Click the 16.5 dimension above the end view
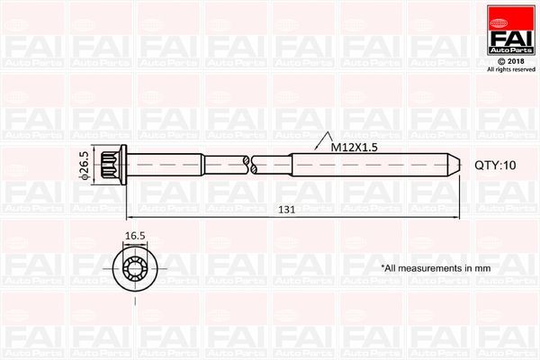tap(134, 236)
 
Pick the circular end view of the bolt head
tap(134, 265)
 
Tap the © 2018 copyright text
tap(509, 61)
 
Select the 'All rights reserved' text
tap(509, 69)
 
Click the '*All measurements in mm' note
tap(436, 268)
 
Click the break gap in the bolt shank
tap(249, 166)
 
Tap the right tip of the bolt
tap(455, 166)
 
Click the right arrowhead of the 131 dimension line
tap(456, 219)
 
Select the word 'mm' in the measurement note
tap(483, 268)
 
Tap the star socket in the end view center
tap(134, 265)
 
